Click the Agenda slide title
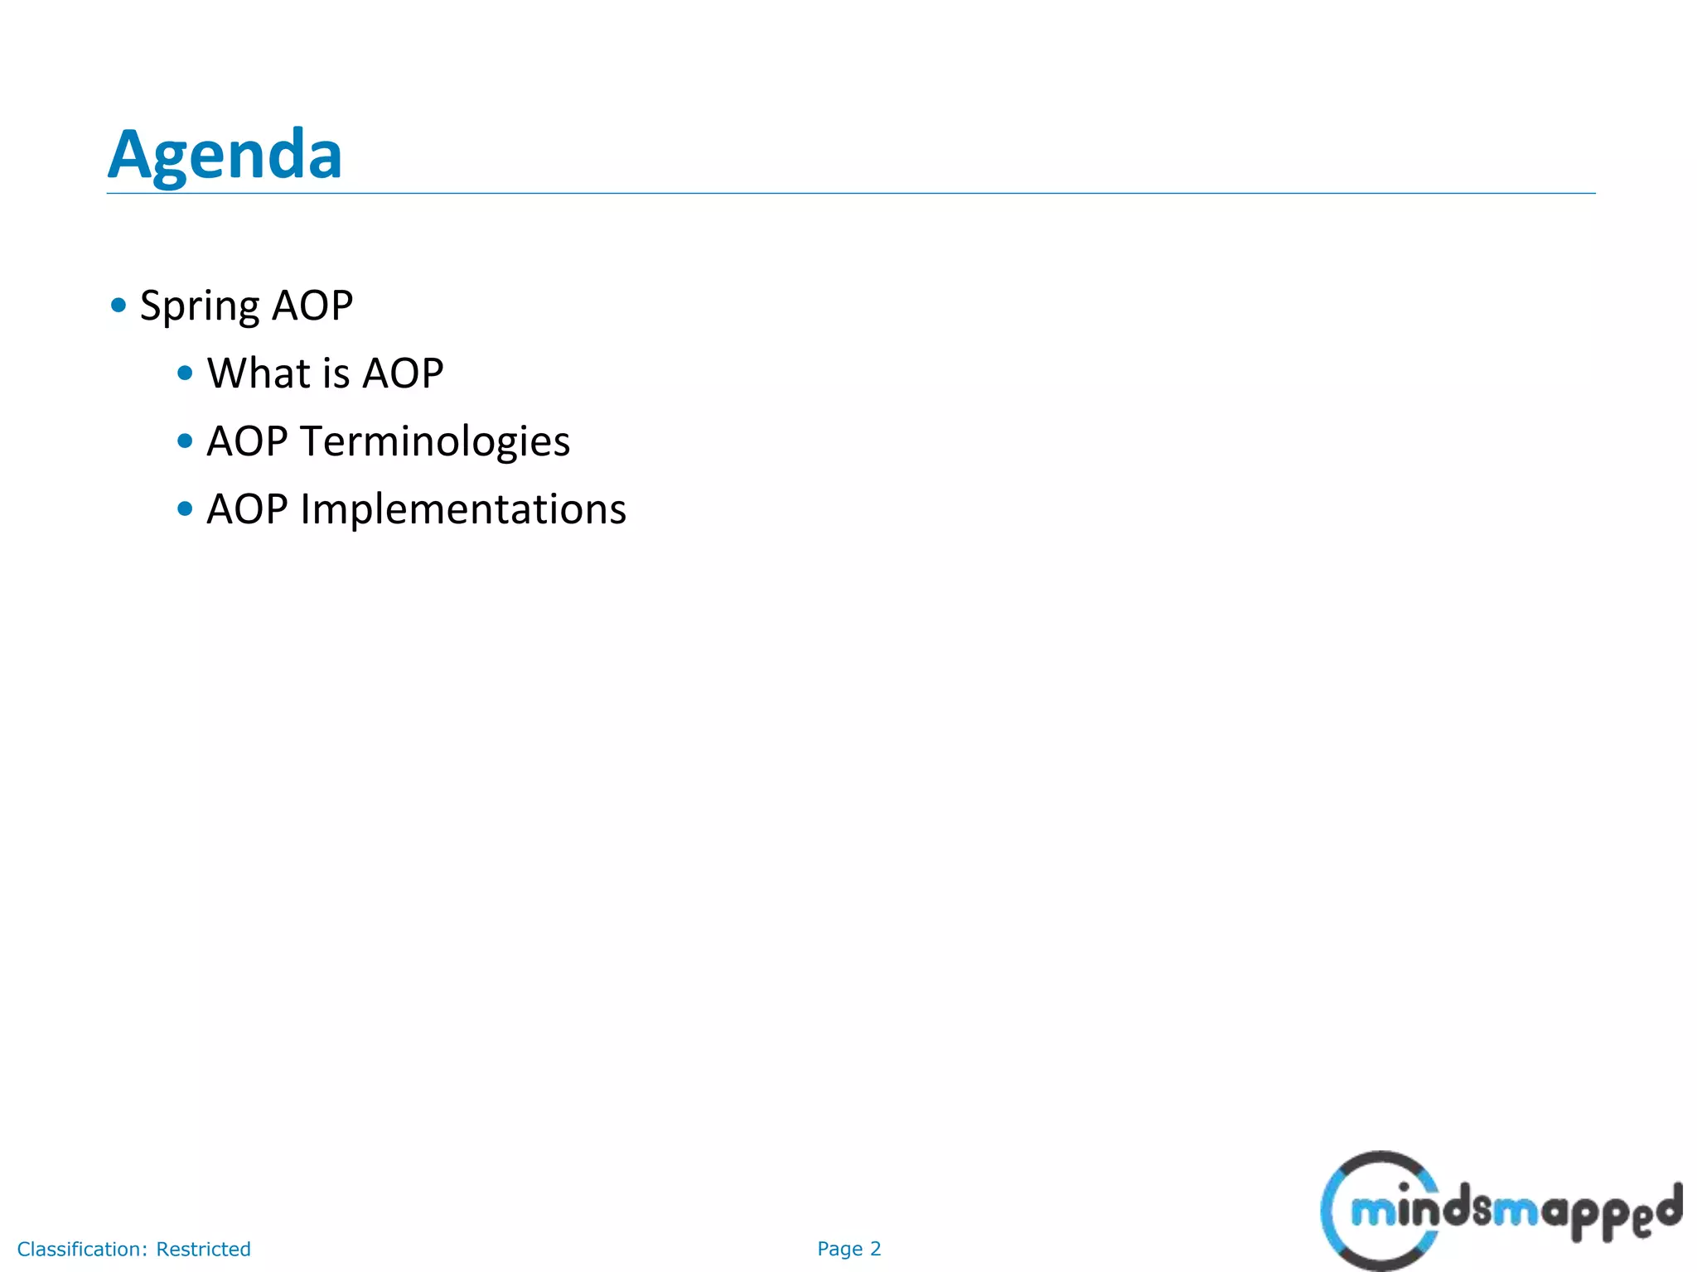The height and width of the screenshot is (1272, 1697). click(225, 155)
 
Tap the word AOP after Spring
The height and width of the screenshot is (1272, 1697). click(312, 306)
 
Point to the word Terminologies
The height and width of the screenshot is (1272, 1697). click(435, 441)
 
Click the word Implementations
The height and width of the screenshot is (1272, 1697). click(463, 509)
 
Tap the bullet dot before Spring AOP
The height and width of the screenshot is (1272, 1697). click(118, 306)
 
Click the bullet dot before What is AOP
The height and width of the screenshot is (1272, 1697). click(185, 373)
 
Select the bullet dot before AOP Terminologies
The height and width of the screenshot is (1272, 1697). click(185, 441)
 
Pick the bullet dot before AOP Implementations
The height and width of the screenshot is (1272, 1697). click(185, 509)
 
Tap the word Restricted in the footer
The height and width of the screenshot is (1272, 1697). click(203, 1249)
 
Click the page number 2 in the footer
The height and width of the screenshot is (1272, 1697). click(875, 1249)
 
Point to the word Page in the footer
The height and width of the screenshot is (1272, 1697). click(839, 1249)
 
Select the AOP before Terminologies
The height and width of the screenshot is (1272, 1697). click(247, 441)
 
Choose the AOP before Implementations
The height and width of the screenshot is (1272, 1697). click(247, 509)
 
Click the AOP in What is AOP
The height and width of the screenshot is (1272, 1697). click(403, 373)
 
